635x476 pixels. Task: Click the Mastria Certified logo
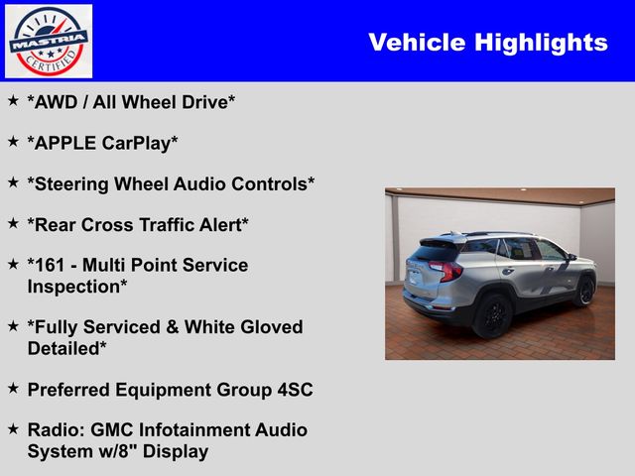click(x=49, y=41)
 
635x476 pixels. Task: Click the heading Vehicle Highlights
click(x=487, y=42)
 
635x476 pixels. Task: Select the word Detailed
click(x=66, y=347)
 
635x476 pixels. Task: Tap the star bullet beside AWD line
click(x=13, y=101)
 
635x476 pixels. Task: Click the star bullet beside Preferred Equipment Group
click(x=13, y=389)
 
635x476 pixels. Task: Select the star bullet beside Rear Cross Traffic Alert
click(x=13, y=224)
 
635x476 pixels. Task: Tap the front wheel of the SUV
click(x=583, y=291)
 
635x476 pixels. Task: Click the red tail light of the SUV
click(x=446, y=271)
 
